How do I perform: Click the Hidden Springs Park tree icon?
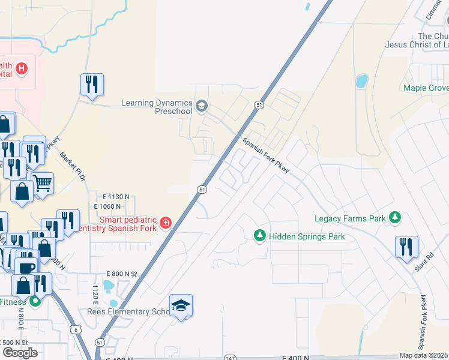point(260,236)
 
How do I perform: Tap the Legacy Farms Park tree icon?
point(395,218)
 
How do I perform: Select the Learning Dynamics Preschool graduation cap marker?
point(202,107)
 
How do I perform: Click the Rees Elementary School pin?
point(181,306)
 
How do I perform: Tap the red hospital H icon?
point(22,68)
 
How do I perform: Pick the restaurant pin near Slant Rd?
point(407,246)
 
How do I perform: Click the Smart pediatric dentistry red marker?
point(165,224)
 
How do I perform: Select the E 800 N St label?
point(121,274)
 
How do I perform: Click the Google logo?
point(20,352)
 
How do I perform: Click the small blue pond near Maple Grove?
point(362,81)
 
